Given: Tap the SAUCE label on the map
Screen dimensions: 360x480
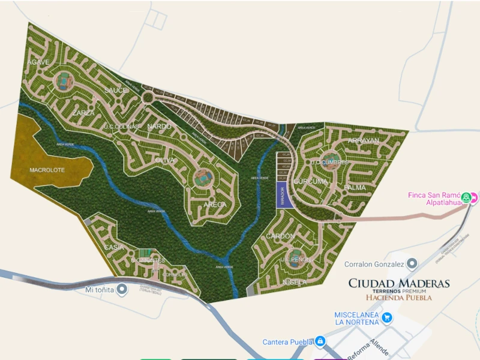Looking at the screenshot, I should tap(116, 90).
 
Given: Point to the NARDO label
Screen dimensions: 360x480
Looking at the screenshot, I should tap(159, 127).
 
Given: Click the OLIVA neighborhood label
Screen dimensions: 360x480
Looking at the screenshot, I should tap(164, 160).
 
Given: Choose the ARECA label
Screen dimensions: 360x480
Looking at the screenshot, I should tap(215, 205).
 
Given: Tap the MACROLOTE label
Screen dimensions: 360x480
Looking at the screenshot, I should tap(46, 170).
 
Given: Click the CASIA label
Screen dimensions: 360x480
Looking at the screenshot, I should tap(114, 247).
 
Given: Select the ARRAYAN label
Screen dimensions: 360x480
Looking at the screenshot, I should tap(364, 140).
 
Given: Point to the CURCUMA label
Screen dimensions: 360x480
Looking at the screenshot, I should tap(311, 181).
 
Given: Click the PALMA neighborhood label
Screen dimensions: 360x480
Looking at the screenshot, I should tap(355, 187).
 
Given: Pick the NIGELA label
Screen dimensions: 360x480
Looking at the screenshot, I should tap(295, 281).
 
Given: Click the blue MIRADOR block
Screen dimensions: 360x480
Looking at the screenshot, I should tap(283, 196).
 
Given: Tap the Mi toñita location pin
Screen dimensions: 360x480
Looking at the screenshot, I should tap(122, 289).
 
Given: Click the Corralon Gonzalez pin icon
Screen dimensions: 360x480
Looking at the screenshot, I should tap(412, 263).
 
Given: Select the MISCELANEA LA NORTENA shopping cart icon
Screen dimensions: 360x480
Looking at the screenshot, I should tap(387, 317).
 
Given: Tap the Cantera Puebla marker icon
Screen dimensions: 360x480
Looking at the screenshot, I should tap(320, 341).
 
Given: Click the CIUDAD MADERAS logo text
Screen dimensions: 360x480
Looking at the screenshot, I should tap(399, 283).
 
